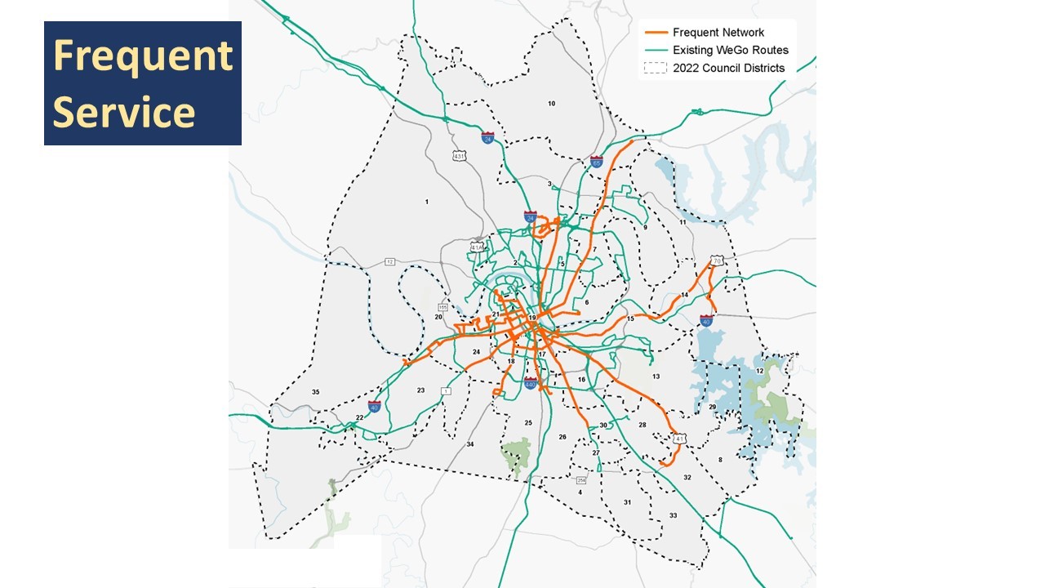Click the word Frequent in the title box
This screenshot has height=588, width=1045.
coord(143,56)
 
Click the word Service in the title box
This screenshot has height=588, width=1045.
coord(124,111)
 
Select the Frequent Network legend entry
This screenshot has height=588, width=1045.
coord(718,33)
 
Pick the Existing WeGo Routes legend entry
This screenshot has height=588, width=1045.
coord(730,51)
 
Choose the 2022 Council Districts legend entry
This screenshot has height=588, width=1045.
coord(728,69)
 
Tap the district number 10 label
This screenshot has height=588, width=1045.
coord(552,104)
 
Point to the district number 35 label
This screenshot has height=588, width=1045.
coord(315,393)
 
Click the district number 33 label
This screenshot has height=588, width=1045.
coord(673,515)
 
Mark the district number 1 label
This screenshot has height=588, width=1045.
coord(426,202)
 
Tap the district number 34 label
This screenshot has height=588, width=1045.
coord(470,444)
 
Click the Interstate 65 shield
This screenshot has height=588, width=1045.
coord(597,162)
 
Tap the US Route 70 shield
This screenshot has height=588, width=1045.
coord(717,261)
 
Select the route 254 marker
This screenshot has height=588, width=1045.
coord(581,479)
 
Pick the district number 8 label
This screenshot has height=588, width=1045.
coord(720,461)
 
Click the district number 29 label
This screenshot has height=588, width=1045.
coord(712,407)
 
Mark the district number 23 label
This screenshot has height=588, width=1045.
coord(420,390)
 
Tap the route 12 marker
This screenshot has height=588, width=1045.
coord(390,261)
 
